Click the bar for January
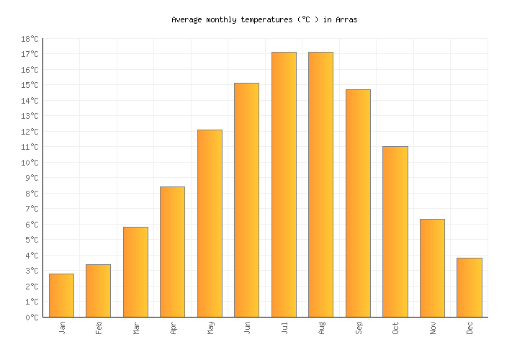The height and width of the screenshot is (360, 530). (x=61, y=295)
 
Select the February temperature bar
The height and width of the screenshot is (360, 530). (x=98, y=291)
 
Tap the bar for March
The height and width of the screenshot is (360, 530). (x=135, y=272)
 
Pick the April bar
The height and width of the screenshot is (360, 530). (x=172, y=252)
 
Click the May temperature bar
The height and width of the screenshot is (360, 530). (x=210, y=223)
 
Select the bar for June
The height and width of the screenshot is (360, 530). (x=246, y=200)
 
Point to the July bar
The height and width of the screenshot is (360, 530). (x=284, y=184)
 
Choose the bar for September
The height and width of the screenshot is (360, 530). (x=358, y=203)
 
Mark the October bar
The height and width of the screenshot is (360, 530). (x=395, y=232)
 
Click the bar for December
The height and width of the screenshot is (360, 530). (x=469, y=287)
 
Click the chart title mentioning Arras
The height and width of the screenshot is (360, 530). (x=264, y=20)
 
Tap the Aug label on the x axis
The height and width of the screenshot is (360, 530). (x=321, y=328)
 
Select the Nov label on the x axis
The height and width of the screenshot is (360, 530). (x=433, y=328)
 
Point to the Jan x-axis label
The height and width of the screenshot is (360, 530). (x=62, y=328)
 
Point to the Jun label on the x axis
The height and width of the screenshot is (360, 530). (x=247, y=328)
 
